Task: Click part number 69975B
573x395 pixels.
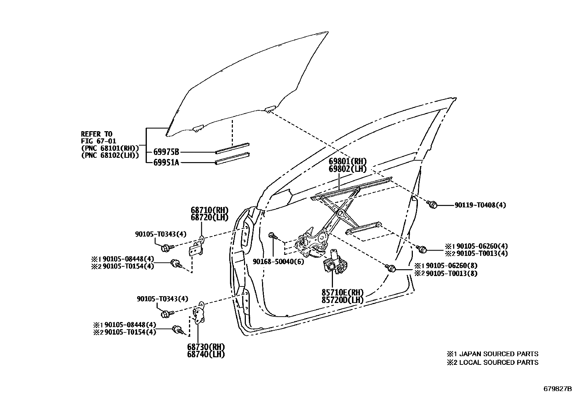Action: tap(166, 152)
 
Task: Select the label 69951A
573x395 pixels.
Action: tap(166, 162)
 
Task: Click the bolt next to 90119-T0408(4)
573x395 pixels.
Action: tap(432, 205)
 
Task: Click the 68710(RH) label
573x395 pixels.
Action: tap(209, 211)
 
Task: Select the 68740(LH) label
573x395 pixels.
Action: tap(206, 354)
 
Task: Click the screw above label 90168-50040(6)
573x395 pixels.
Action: tap(273, 236)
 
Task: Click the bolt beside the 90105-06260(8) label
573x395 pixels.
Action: tap(391, 268)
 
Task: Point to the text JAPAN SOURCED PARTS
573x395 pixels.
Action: tap(498, 354)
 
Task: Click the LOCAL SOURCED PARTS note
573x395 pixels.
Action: tap(498, 363)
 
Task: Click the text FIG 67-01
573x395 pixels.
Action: tap(98, 141)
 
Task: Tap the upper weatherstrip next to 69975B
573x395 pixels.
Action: tap(232, 147)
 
